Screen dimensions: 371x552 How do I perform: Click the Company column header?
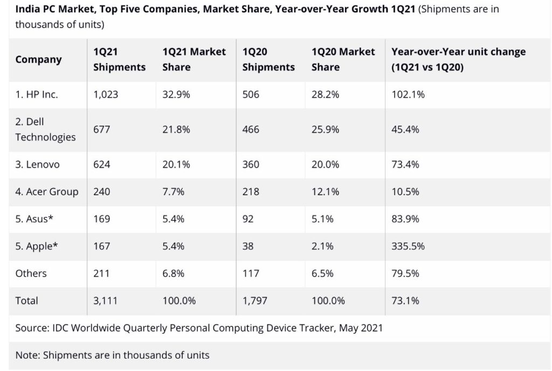(x=38, y=60)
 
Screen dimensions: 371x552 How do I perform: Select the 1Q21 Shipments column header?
(x=119, y=60)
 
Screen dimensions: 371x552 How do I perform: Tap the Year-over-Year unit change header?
(x=458, y=60)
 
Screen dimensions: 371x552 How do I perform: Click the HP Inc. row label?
(x=37, y=94)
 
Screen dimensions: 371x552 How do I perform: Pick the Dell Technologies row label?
(x=45, y=129)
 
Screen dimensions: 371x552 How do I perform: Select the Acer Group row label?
(x=47, y=191)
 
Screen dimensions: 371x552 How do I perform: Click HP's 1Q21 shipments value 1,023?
(x=106, y=94)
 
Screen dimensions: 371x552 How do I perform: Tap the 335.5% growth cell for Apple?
(x=408, y=246)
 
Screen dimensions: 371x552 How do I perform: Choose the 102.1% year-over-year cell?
(x=408, y=94)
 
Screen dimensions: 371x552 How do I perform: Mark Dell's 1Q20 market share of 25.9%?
(x=326, y=129)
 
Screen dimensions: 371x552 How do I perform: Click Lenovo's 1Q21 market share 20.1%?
(x=176, y=164)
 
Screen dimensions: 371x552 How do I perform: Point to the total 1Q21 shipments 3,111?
(x=106, y=300)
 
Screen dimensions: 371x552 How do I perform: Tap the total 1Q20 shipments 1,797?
(x=255, y=300)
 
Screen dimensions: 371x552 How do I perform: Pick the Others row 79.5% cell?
(x=405, y=273)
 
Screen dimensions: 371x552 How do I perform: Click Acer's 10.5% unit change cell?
(x=405, y=191)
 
